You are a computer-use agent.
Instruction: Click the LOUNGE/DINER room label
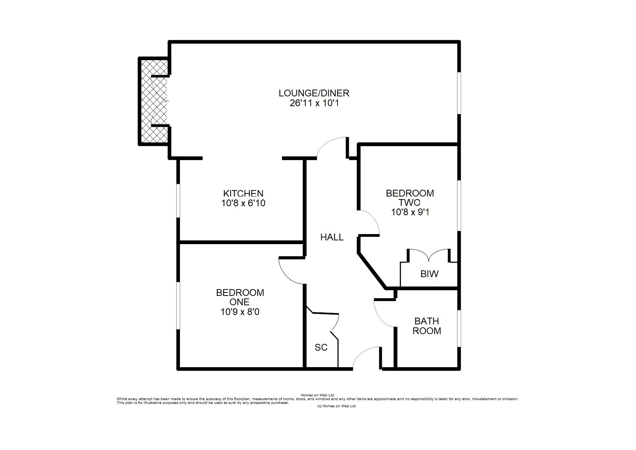[x=314, y=93]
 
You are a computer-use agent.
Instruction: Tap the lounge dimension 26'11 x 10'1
[x=314, y=103]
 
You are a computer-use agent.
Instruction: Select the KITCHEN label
[x=243, y=193]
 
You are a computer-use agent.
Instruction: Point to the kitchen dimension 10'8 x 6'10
[x=243, y=203]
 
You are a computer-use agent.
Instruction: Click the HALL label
[x=332, y=237]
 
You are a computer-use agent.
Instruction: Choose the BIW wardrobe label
[x=429, y=274]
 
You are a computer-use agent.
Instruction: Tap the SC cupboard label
[x=321, y=347]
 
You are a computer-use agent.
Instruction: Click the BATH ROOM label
[x=427, y=326]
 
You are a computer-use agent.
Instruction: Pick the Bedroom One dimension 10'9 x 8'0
[x=240, y=312]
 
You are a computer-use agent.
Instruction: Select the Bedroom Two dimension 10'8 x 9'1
[x=410, y=212]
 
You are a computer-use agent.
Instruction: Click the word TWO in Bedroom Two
[x=409, y=203]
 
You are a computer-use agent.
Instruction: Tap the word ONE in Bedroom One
[x=239, y=302]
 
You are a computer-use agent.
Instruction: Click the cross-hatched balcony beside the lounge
[x=154, y=101]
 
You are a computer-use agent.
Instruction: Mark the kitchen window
[x=178, y=201]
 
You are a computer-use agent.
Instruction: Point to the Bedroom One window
[x=178, y=306]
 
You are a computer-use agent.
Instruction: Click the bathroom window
[x=459, y=328]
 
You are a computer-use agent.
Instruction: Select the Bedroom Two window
[x=459, y=205]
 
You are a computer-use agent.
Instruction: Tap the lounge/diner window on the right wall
[x=459, y=93]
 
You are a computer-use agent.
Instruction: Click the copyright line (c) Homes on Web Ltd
[x=336, y=406]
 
